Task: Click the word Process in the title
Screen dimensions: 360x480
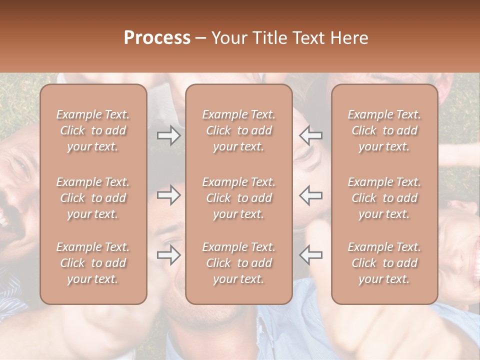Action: click(157, 38)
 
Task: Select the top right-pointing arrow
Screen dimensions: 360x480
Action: click(169, 135)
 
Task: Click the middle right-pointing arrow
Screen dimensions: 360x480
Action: click(169, 195)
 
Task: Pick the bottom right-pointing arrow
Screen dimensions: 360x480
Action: click(169, 255)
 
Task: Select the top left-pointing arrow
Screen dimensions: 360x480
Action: click(310, 135)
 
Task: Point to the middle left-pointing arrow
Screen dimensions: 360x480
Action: click(310, 195)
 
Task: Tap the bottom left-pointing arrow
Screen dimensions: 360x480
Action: click(310, 255)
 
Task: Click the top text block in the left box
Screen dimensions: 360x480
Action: click(93, 130)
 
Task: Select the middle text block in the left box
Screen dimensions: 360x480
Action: click(93, 198)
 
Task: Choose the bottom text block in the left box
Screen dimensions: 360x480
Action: click(93, 263)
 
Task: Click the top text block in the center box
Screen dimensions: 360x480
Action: click(239, 130)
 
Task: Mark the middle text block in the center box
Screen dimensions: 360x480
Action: click(239, 198)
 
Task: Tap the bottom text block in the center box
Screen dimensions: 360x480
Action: click(239, 263)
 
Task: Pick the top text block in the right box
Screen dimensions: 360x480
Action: click(384, 130)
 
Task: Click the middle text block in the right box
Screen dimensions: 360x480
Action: click(384, 198)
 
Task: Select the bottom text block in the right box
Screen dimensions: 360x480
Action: click(384, 263)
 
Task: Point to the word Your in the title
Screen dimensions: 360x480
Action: click(228, 38)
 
